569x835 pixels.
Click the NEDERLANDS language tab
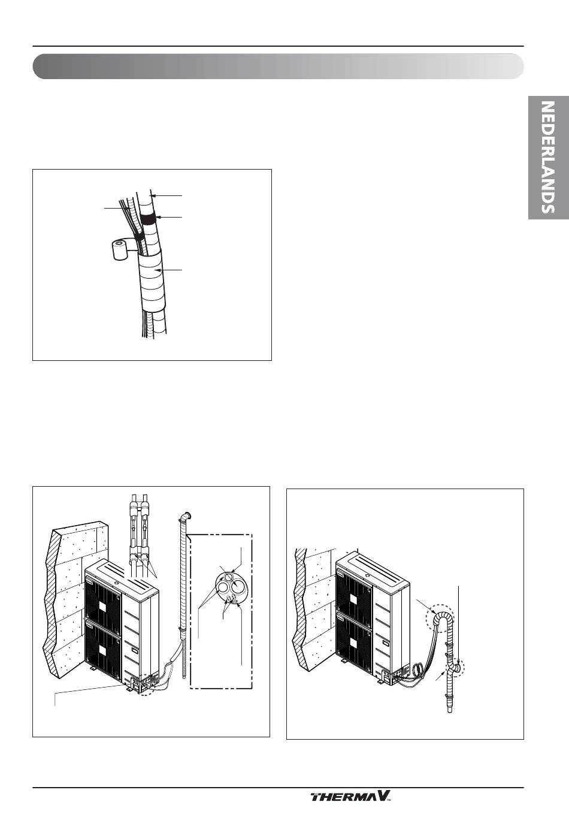[x=548, y=157]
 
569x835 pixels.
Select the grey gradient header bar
[x=278, y=67]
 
